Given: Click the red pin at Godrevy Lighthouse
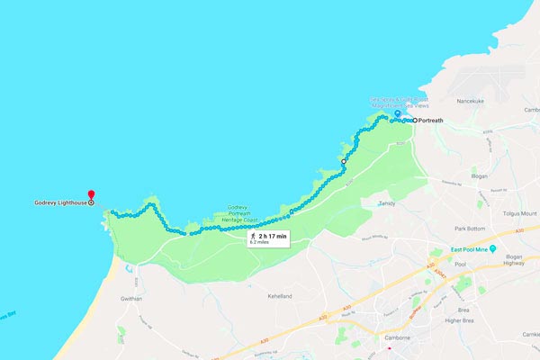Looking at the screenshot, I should pos(91,193).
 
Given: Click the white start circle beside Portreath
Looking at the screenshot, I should pos(415,120).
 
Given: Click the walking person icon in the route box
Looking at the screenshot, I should pos(253,236).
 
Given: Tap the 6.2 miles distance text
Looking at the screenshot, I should pos(261,243).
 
